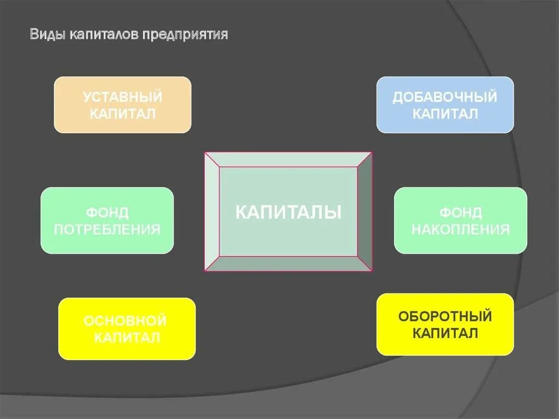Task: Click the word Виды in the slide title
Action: tap(47, 35)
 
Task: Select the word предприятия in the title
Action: tap(186, 35)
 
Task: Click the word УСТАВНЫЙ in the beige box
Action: tap(123, 97)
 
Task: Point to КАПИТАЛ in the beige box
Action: tap(123, 114)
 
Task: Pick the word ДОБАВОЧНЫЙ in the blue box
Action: tap(445, 97)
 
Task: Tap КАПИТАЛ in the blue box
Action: tap(445, 114)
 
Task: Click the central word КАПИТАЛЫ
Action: tap(288, 212)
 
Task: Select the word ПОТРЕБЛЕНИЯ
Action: tap(107, 229)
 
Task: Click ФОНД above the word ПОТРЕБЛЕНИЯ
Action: tap(107, 212)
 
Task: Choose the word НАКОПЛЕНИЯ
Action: tap(461, 229)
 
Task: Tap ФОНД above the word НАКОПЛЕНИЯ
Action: tap(461, 212)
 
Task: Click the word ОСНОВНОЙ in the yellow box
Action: tap(126, 320)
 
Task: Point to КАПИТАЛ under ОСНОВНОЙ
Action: tap(127, 337)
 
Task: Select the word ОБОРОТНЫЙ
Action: tap(445, 316)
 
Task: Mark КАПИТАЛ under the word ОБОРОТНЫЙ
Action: tap(445, 333)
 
